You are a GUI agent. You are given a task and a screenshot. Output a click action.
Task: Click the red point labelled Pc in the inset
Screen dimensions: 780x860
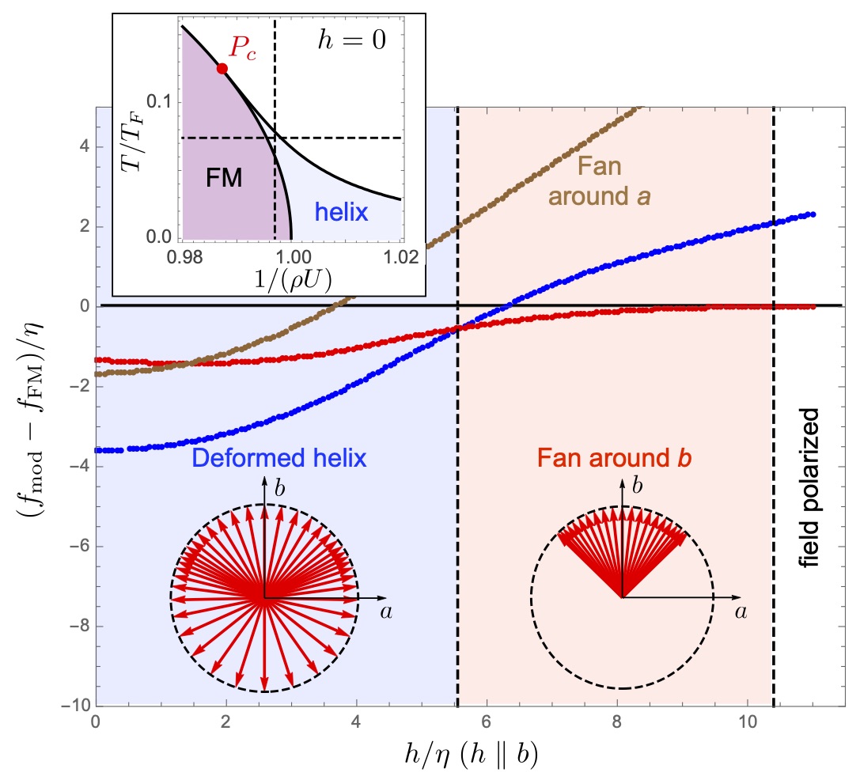[x=222, y=68]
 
